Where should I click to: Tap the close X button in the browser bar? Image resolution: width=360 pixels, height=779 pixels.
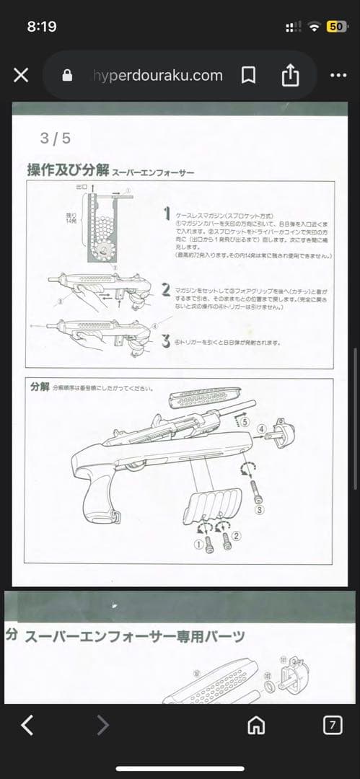pyautogui.click(x=21, y=75)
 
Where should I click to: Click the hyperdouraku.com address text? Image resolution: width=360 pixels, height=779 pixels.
pyautogui.click(x=157, y=75)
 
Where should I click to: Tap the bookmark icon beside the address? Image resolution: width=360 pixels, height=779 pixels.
pyautogui.click(x=247, y=75)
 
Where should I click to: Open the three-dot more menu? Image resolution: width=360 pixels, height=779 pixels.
pyautogui.click(x=338, y=75)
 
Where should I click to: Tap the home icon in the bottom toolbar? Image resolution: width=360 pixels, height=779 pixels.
pyautogui.click(x=255, y=725)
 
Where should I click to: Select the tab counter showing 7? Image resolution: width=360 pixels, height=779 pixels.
pyautogui.click(x=332, y=725)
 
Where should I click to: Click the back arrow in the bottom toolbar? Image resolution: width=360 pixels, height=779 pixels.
pyautogui.click(x=27, y=725)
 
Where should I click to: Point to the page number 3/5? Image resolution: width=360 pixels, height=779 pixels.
pyautogui.click(x=55, y=138)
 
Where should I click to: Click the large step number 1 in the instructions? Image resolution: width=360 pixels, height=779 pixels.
pyautogui.click(x=166, y=214)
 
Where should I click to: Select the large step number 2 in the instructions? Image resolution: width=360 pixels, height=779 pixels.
pyautogui.click(x=165, y=289)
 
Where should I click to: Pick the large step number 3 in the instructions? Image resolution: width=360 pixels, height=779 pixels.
pyautogui.click(x=165, y=340)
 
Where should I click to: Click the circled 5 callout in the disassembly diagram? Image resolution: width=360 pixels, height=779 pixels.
pyautogui.click(x=245, y=420)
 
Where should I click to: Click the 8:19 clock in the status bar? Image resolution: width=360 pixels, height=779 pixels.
pyautogui.click(x=42, y=26)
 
